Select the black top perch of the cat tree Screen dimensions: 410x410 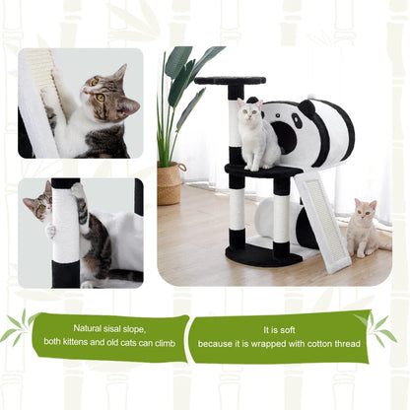230,80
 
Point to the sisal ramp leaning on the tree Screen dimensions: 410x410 322,223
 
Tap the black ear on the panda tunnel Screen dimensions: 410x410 307,107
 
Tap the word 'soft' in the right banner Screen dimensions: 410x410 287,330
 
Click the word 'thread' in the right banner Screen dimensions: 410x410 348,344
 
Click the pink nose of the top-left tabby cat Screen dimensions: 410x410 85,90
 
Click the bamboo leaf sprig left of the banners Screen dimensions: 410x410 21,327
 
